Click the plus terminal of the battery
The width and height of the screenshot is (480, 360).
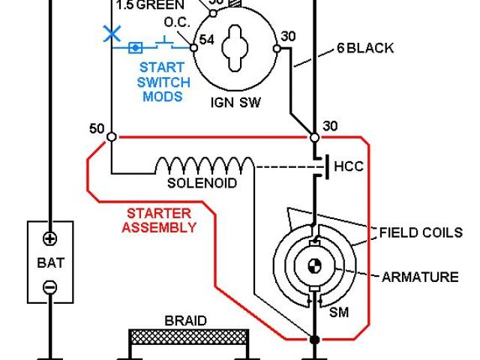point(49,239)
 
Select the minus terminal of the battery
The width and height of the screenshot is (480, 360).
point(49,286)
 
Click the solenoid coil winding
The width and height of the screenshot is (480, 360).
point(204,165)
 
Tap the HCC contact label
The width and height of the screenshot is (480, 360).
point(348,166)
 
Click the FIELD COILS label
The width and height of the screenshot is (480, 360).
point(421,232)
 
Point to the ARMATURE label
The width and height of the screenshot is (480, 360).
point(420,277)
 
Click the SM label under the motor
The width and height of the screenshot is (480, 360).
point(340,311)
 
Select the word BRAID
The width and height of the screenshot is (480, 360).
point(185,320)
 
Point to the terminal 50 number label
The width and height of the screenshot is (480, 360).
point(97,129)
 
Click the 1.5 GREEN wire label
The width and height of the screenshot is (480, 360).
point(150,4)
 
